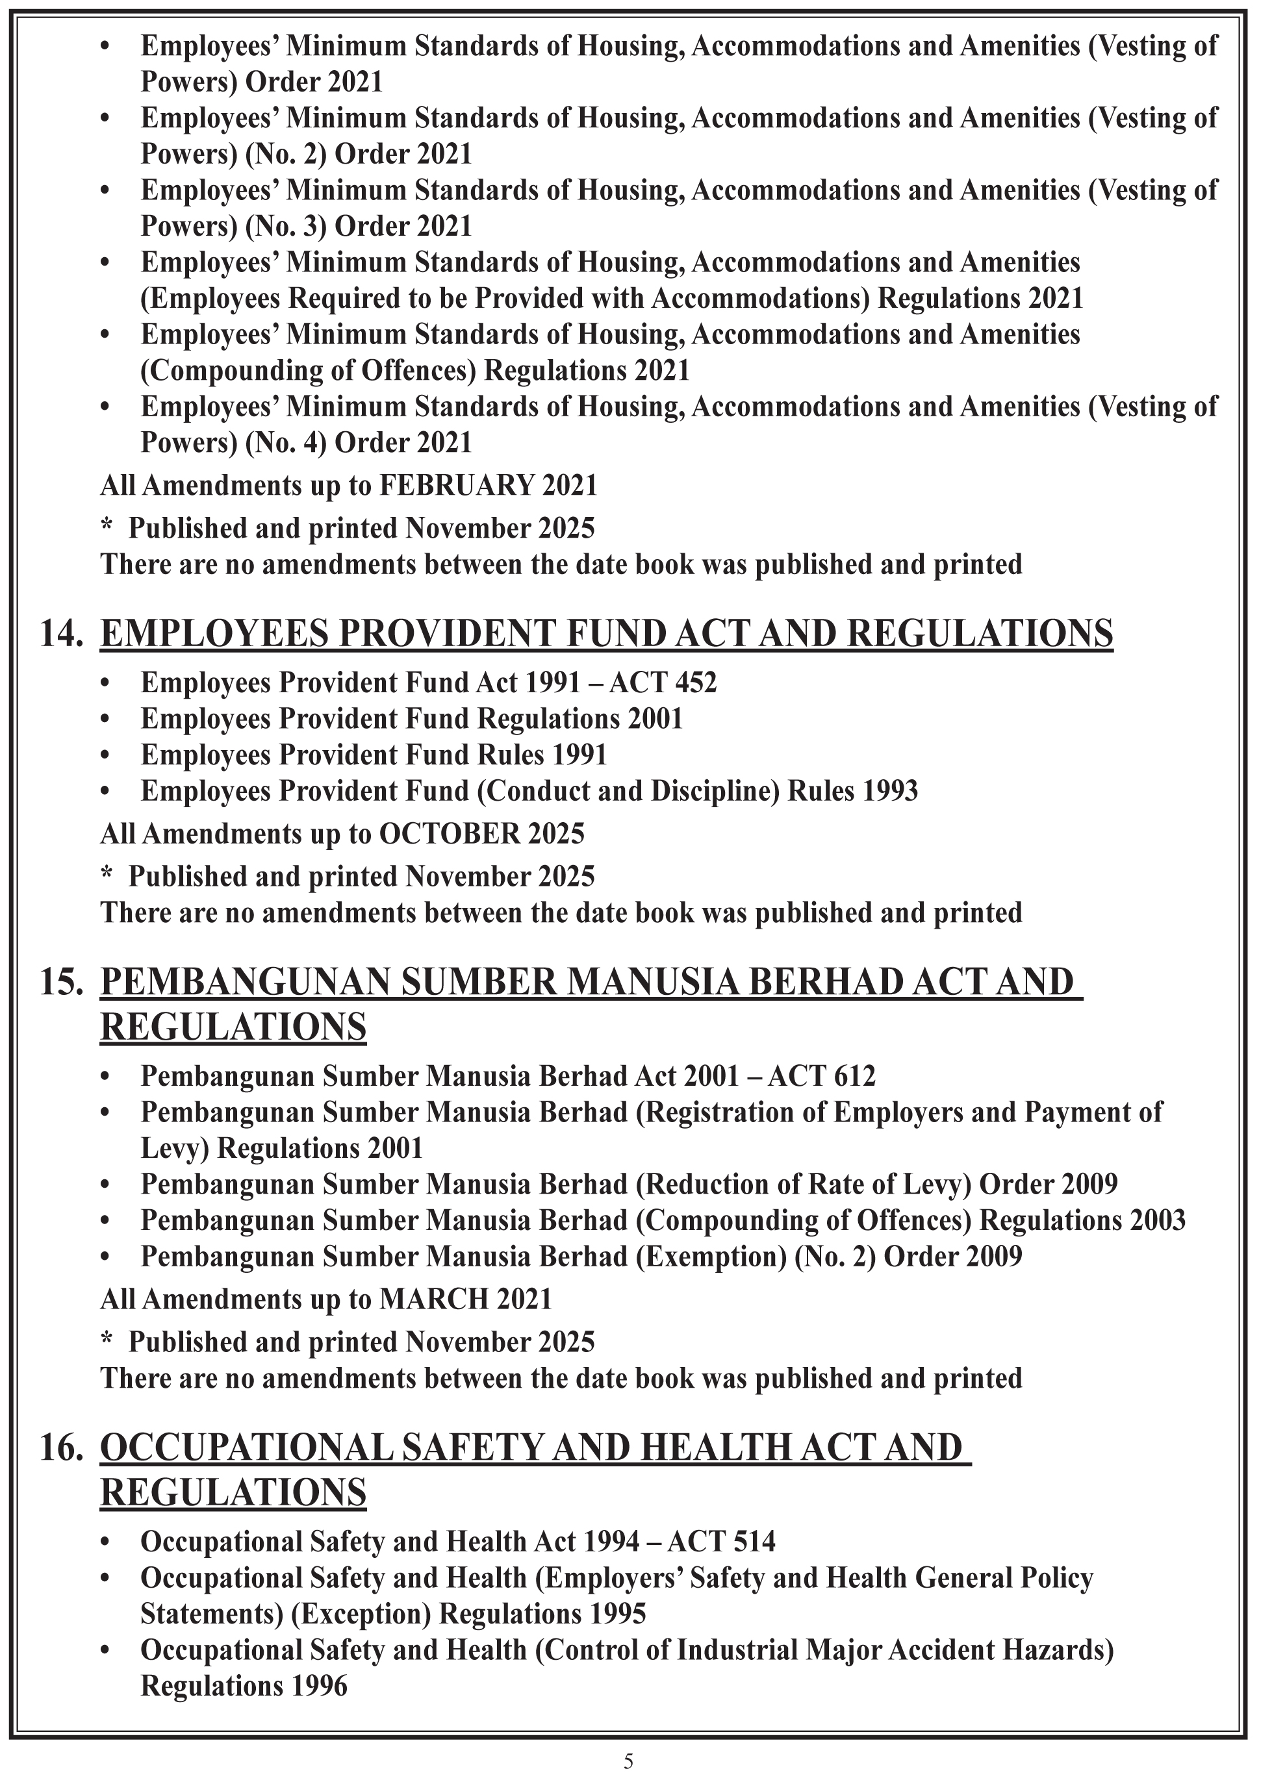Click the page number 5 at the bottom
click(x=628, y=1761)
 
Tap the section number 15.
click(x=61, y=982)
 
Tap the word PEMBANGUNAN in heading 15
click(x=246, y=982)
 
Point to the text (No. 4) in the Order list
click(x=286, y=443)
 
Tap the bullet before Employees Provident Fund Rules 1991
click(x=105, y=756)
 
